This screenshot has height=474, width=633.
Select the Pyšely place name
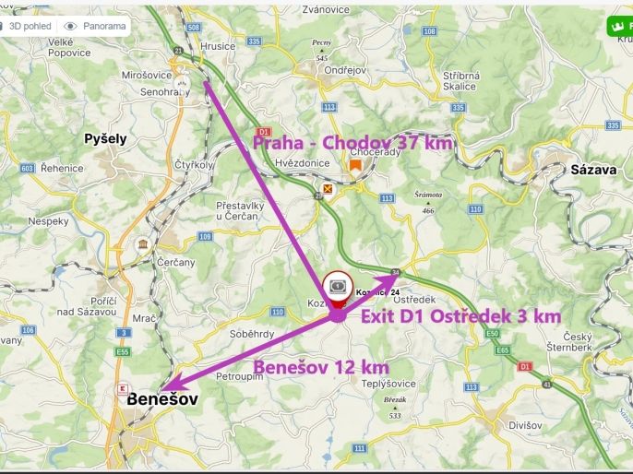[105, 138]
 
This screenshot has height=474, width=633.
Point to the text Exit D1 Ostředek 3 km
[460, 316]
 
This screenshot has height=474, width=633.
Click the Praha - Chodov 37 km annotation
[353, 143]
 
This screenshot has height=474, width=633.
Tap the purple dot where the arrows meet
[338, 314]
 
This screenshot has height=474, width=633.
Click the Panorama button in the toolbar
[97, 26]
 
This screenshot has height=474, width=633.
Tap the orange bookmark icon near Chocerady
[355, 165]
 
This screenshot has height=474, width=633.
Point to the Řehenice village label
[61, 168]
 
